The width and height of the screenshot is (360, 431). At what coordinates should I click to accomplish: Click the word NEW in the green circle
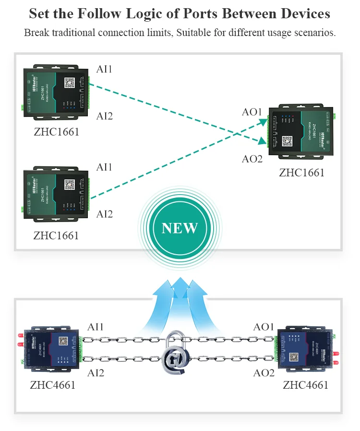[x=180, y=228]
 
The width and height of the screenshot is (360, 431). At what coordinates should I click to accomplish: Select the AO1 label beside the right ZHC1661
[x=252, y=112]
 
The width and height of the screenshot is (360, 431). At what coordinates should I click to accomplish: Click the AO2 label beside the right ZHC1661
[x=252, y=159]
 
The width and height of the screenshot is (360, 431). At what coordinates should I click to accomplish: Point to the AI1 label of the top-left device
[x=104, y=69]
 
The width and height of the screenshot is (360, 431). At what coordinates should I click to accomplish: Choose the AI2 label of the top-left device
[x=104, y=116]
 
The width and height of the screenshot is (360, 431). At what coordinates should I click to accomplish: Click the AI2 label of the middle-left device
[x=104, y=214]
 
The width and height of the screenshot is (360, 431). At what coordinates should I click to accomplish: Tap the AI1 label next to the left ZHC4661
[x=96, y=327]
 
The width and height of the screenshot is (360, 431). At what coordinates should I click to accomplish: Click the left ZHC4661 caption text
[x=52, y=385]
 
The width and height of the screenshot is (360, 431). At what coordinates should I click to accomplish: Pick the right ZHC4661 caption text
[x=305, y=385]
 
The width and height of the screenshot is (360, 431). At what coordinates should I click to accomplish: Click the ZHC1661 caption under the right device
[x=301, y=172]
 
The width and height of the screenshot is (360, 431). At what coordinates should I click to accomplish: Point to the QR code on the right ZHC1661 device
[x=287, y=141]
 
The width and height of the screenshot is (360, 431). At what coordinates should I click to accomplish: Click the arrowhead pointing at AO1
[x=264, y=122]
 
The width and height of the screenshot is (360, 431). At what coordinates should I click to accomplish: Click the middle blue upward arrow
[x=180, y=298]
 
